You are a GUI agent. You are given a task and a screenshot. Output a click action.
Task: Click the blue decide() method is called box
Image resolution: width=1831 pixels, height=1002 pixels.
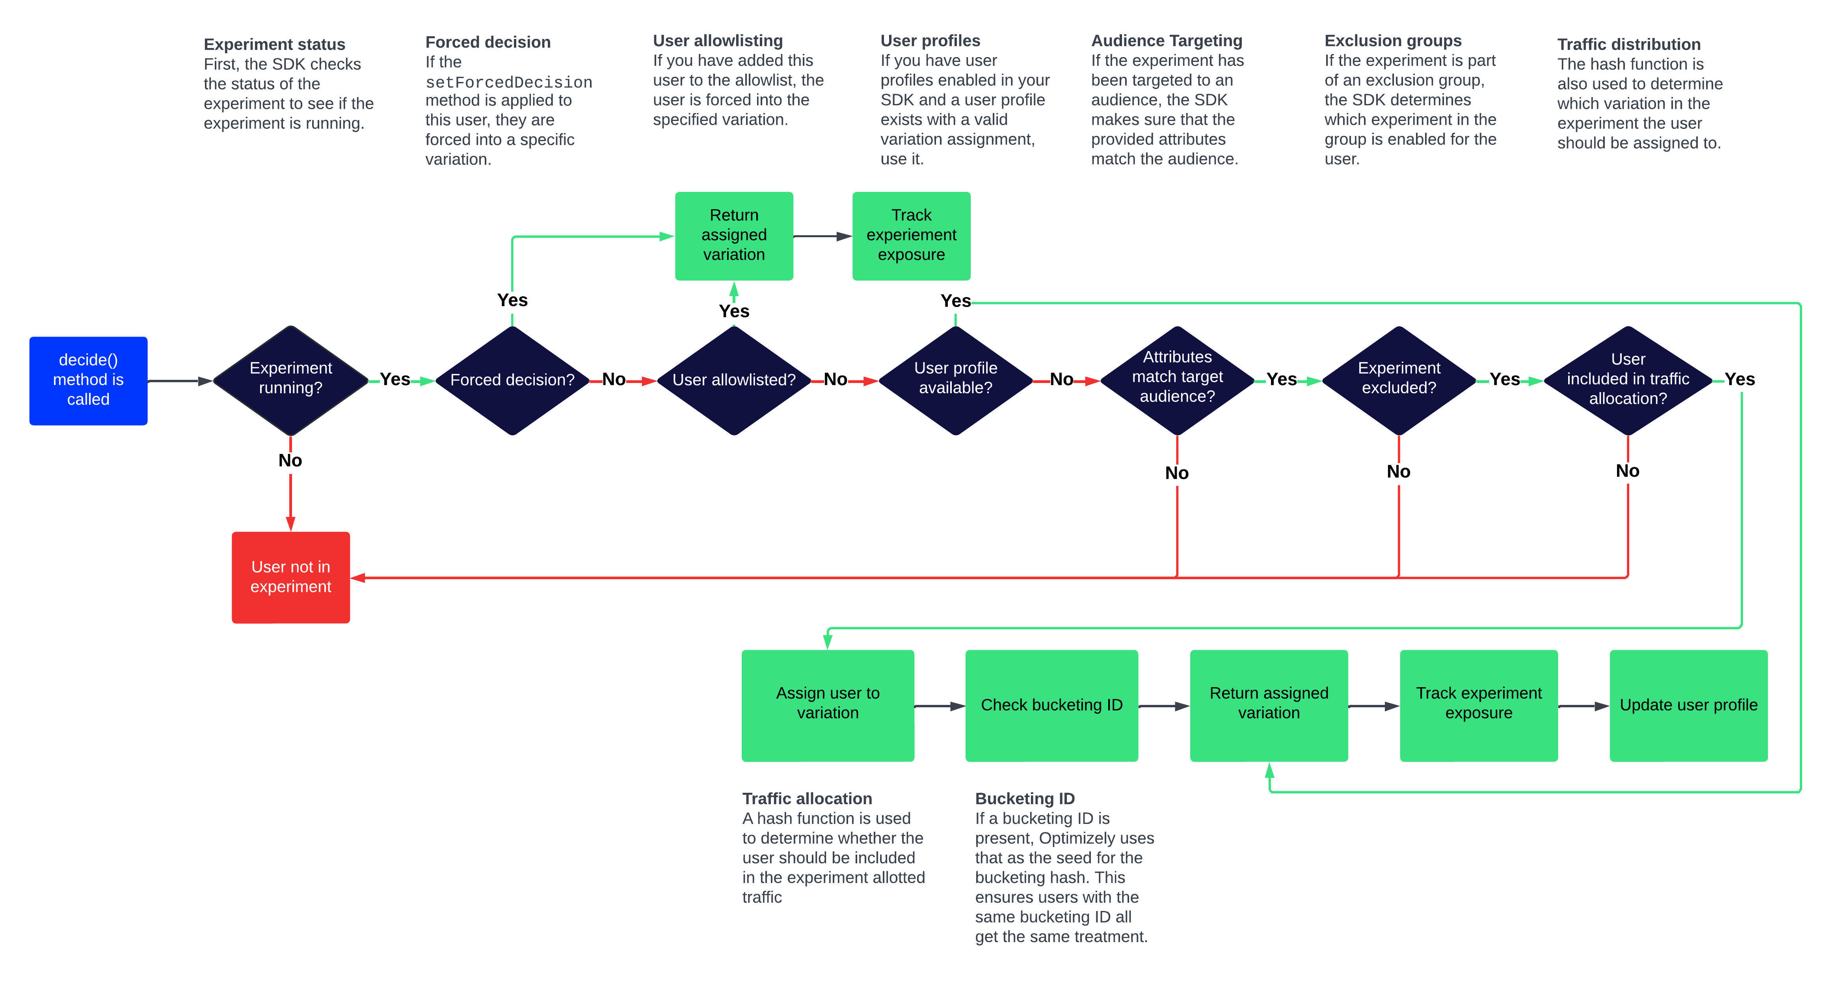coord(88,380)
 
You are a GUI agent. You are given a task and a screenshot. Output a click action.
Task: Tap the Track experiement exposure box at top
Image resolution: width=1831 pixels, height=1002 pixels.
coord(911,235)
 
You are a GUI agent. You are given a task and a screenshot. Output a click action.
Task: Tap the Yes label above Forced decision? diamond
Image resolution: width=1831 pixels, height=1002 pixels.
coord(512,300)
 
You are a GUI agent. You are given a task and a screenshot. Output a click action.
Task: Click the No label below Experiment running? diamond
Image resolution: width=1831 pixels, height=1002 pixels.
coord(290,461)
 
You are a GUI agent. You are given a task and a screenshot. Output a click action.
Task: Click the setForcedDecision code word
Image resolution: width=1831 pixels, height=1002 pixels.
coord(508,82)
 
